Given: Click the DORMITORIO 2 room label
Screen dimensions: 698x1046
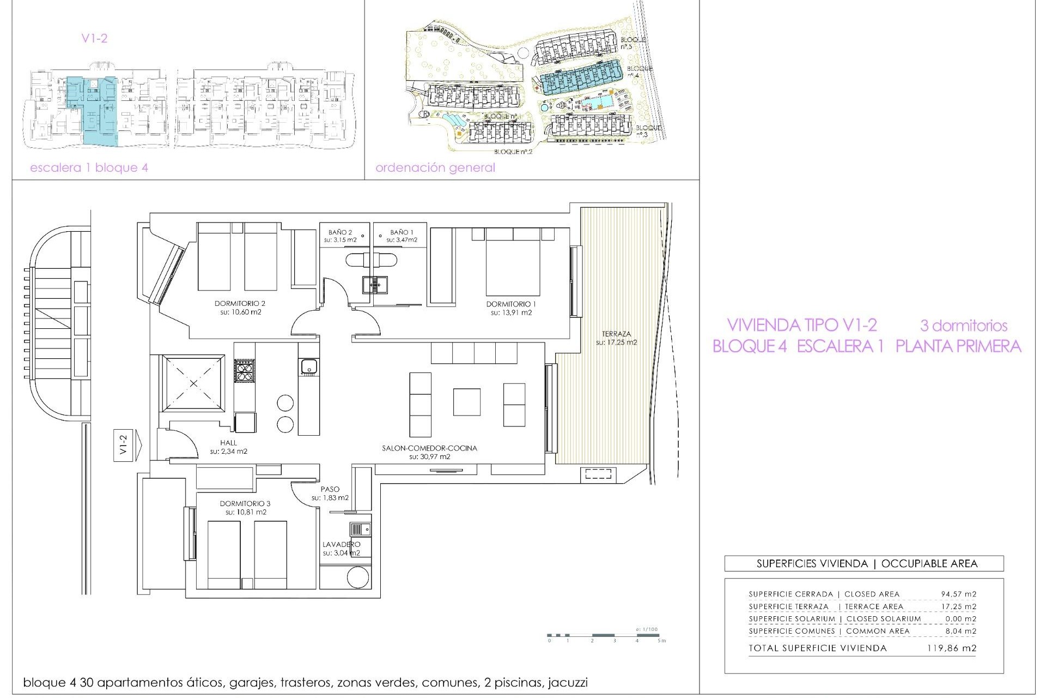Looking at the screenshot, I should (240, 304).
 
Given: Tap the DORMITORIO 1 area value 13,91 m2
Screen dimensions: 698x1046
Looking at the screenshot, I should (511, 313).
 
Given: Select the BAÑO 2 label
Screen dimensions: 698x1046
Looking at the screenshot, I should (340, 232).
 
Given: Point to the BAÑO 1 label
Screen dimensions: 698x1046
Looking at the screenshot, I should (402, 232).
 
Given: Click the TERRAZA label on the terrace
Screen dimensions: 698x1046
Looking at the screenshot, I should (616, 334).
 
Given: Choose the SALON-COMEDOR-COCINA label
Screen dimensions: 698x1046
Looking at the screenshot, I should (429, 448).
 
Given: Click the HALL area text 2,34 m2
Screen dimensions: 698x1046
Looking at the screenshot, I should (229, 452).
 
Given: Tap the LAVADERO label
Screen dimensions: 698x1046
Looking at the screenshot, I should (341, 544).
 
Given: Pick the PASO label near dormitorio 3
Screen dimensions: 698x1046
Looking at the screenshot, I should (330, 490).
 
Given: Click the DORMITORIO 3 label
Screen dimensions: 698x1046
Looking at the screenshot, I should (245, 504).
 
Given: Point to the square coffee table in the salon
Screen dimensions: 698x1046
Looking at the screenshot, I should (466, 402).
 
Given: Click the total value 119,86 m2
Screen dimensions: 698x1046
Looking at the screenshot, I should (951, 648).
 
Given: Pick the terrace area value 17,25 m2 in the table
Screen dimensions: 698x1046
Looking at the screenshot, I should (958, 606).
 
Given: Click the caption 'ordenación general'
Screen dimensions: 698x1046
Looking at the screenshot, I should (435, 168).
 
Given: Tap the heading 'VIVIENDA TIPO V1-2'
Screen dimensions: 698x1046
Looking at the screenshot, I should (801, 325).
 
